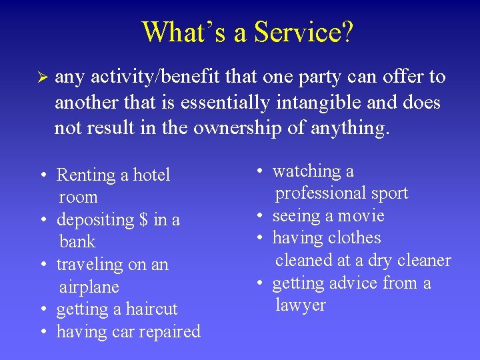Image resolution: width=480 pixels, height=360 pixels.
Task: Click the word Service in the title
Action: pos(293,31)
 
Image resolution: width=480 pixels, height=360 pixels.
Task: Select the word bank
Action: pos(77,242)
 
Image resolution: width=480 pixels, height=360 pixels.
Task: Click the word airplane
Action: pos(89,287)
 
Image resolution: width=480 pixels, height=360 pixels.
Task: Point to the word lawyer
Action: pos(301,305)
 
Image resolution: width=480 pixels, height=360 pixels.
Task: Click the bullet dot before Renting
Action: pos(42,176)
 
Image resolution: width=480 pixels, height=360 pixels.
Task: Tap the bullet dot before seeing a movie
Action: pos(258,217)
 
